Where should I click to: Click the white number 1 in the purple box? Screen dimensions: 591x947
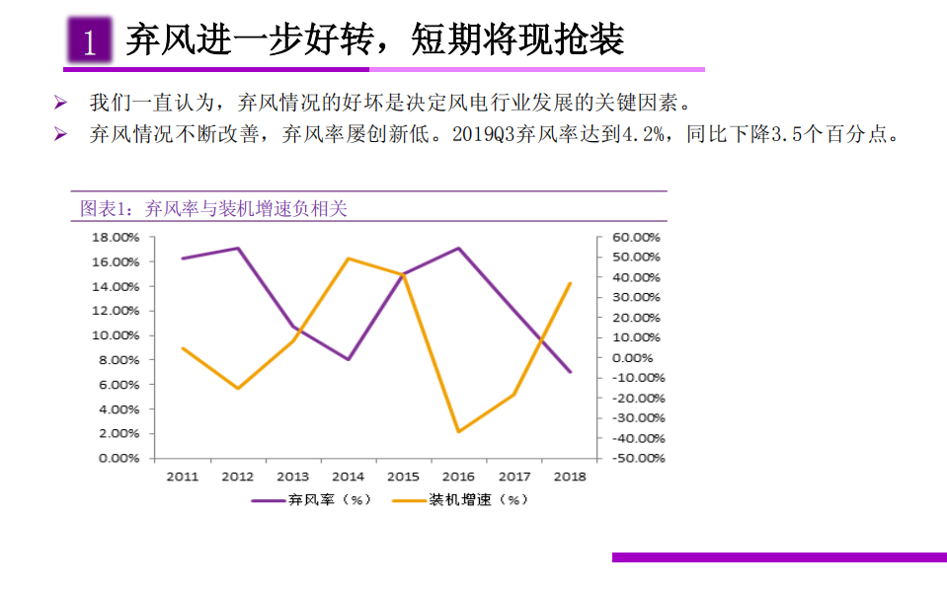click(x=90, y=41)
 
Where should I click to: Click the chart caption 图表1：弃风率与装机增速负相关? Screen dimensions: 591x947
click(x=213, y=208)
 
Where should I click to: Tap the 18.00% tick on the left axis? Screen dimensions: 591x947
click(x=116, y=238)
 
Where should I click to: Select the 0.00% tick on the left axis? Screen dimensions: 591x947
click(x=118, y=458)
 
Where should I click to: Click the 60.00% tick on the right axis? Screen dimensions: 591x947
click(x=637, y=238)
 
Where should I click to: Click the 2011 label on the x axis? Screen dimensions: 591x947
click(x=182, y=477)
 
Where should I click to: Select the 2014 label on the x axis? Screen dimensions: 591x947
click(x=348, y=477)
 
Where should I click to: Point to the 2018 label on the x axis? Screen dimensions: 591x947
click(x=570, y=477)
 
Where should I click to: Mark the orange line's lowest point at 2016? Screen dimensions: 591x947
click(x=459, y=431)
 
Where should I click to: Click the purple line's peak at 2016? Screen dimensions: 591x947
click(x=459, y=248)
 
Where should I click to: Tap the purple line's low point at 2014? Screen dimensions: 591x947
click(x=349, y=359)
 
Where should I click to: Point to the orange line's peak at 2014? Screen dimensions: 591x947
click(x=349, y=259)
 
